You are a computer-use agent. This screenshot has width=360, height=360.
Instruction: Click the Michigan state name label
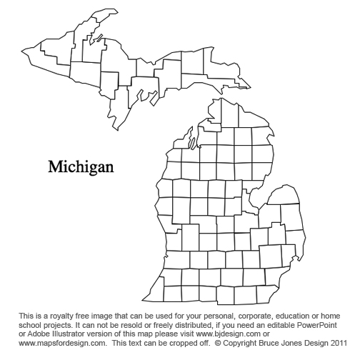tap(81, 167)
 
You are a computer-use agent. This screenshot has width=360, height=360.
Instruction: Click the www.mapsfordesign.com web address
tap(57, 342)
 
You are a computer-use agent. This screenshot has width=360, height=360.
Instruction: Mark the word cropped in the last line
tap(176, 342)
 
